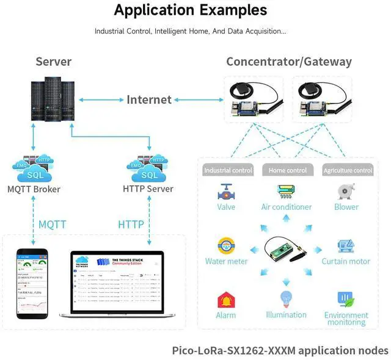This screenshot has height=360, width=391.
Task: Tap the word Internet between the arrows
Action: (149, 99)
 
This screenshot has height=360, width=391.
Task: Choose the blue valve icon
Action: (226, 192)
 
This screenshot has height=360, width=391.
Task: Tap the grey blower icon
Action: (346, 191)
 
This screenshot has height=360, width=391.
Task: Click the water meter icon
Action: (226, 246)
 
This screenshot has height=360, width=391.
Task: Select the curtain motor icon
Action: (346, 246)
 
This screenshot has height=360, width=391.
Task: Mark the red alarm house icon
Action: (226, 300)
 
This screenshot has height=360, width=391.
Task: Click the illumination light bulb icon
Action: (286, 299)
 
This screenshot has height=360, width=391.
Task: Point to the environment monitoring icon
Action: (346, 300)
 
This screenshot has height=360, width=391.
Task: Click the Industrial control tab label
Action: (228, 170)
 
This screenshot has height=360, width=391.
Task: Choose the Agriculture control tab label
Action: (347, 170)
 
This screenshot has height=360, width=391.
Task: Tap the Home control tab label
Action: (288, 170)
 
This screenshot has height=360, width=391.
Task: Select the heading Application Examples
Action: (190, 10)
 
